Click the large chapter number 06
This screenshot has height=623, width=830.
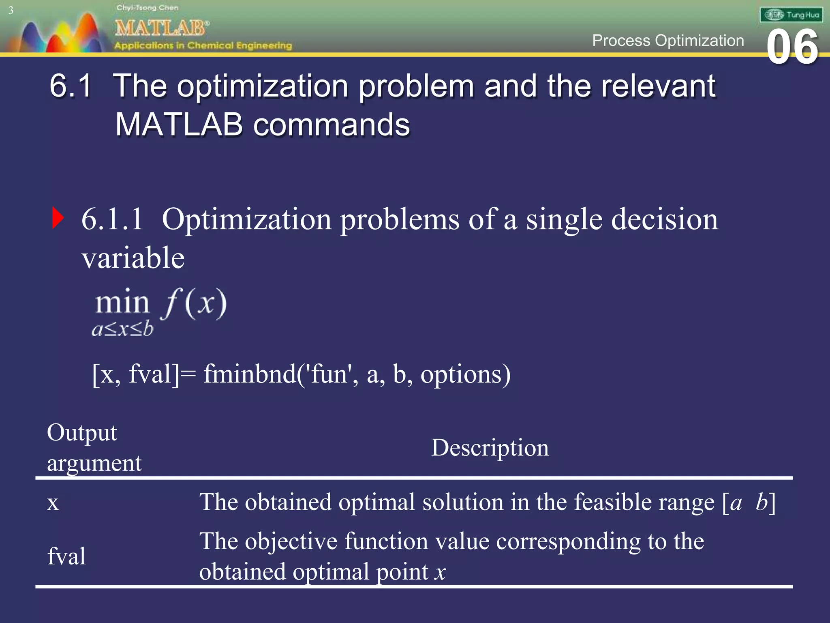[792, 48]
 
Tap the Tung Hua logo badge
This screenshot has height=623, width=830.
[791, 15]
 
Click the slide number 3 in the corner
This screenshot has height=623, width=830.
[11, 11]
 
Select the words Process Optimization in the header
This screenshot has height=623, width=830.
[668, 41]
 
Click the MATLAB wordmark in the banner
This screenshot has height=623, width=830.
[161, 28]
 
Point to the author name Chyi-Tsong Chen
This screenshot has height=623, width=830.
[147, 8]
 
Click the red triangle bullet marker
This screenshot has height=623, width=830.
[58, 218]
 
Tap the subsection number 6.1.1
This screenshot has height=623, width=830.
[112, 219]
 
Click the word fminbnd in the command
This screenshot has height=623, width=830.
[250, 374]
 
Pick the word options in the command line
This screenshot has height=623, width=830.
[465, 374]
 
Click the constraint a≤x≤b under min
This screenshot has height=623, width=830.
[122, 329]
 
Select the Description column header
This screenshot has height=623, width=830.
[490, 448]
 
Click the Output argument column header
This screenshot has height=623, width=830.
[94, 448]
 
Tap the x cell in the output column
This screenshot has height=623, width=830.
[53, 503]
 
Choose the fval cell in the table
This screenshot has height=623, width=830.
[66, 556]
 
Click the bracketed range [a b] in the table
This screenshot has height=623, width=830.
[749, 503]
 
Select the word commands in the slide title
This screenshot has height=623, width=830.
[332, 125]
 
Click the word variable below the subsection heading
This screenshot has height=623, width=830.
[133, 258]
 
